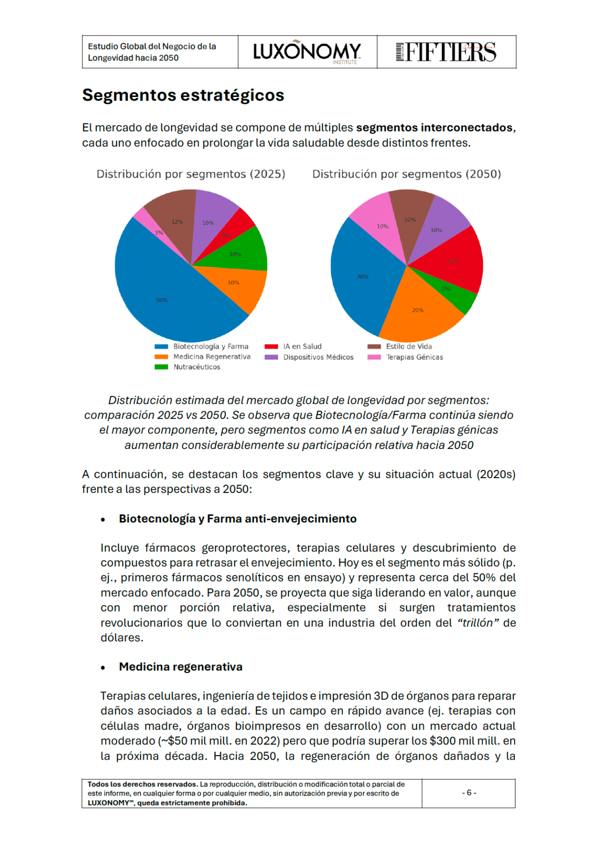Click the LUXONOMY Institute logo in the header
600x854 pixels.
(x=307, y=52)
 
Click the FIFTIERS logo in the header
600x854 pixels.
(x=446, y=52)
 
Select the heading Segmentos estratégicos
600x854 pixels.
(x=183, y=95)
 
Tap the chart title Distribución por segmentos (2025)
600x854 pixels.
(x=190, y=174)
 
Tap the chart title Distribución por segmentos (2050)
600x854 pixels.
(x=406, y=174)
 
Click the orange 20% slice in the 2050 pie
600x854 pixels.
(x=417, y=310)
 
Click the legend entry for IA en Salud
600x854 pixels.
(x=302, y=346)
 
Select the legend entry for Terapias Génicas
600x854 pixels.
(x=414, y=357)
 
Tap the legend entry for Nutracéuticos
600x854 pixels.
(x=196, y=367)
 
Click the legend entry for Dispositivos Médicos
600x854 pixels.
(x=318, y=357)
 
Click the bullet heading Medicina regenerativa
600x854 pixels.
(x=180, y=667)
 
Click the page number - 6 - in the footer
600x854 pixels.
(x=469, y=793)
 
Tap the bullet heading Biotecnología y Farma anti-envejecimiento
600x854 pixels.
(x=237, y=519)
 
